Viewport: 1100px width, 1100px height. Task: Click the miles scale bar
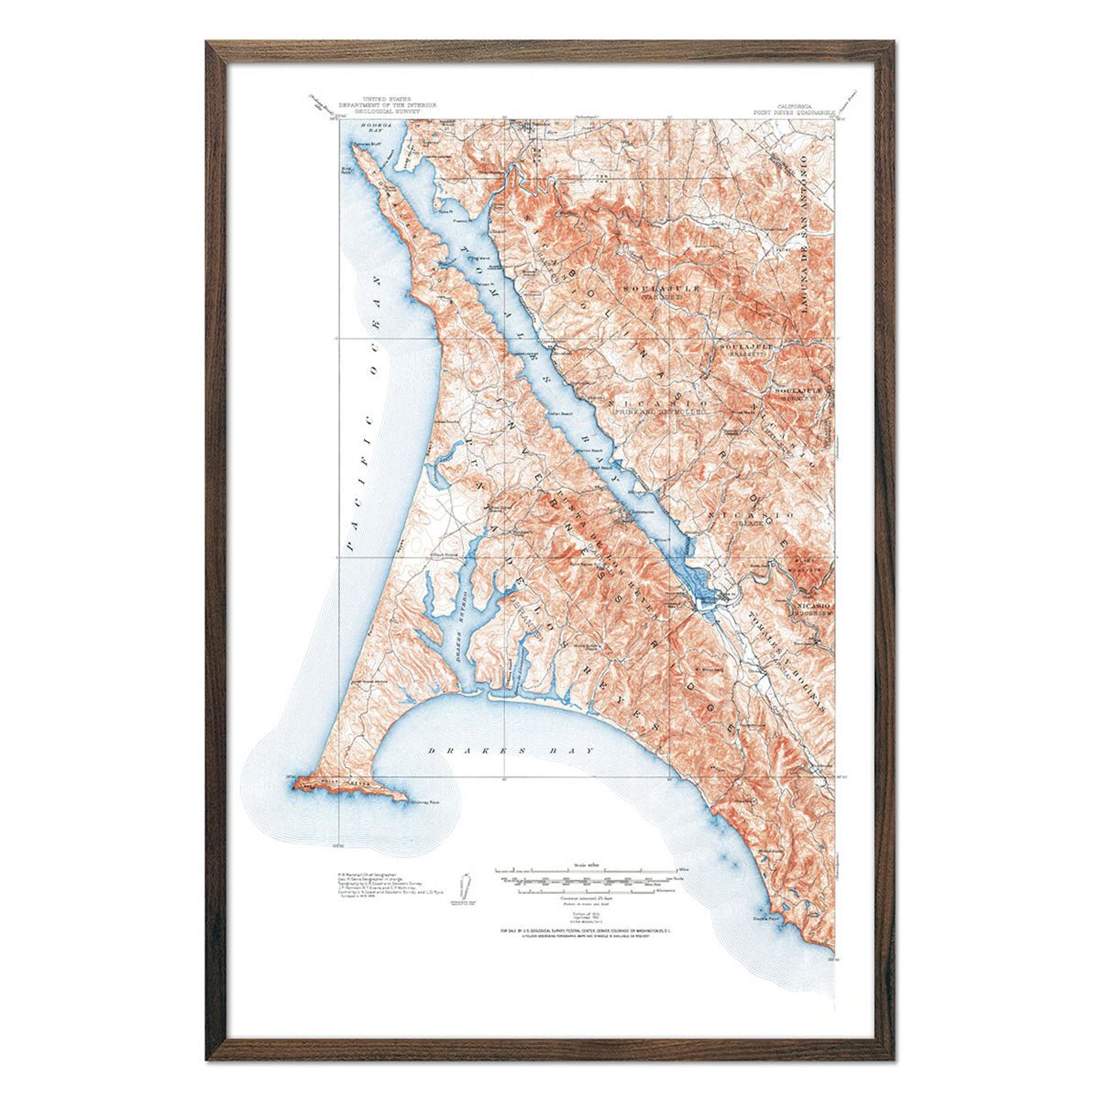coord(587,868)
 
